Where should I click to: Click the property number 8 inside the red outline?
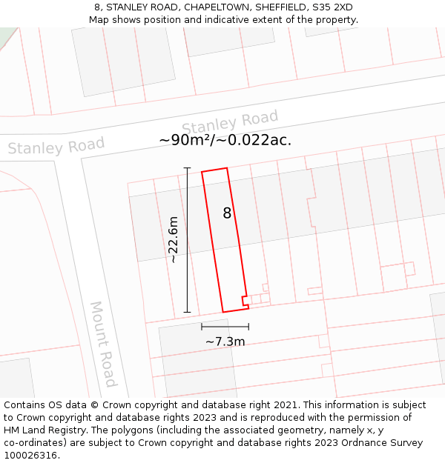point(227,213)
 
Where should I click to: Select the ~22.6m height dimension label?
point(173,239)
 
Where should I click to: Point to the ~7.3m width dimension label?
point(225,342)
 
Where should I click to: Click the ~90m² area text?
point(188,140)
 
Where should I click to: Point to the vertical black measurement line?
point(187,239)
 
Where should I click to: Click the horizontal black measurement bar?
point(225,326)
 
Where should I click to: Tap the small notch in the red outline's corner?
point(244,300)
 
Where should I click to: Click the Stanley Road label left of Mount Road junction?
point(56,147)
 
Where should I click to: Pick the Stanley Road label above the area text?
point(230,121)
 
